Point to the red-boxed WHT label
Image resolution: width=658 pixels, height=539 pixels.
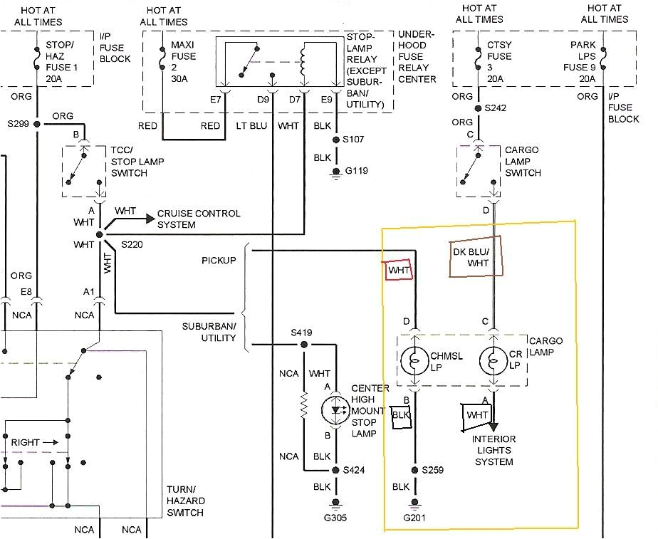coord(399,271)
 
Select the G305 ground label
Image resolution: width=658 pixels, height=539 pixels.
coord(335,518)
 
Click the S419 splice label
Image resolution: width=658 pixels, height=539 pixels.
coord(302,333)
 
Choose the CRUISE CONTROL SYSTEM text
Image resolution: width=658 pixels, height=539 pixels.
coord(199,219)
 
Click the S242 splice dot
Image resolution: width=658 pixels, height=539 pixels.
coord(477,109)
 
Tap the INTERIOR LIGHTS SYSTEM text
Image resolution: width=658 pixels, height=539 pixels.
coord(493,451)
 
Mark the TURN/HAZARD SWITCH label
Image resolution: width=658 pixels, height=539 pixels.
coord(185,501)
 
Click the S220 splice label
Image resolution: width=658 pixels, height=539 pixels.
coord(132,244)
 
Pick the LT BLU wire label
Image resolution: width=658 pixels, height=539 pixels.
coord(251,126)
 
